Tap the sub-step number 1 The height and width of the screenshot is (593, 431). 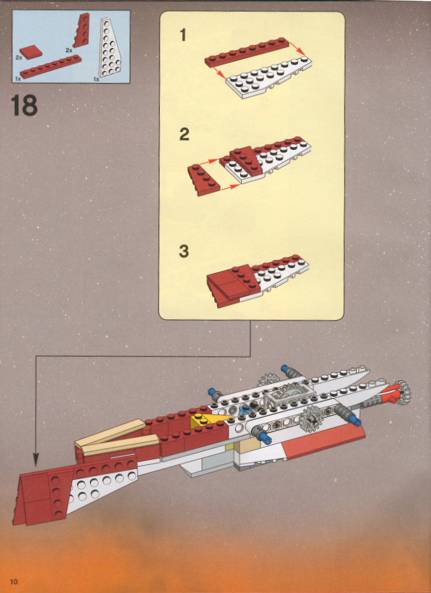pyautogui.click(x=183, y=35)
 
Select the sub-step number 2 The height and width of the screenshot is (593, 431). pyautogui.click(x=184, y=134)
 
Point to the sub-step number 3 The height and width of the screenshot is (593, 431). pyautogui.click(x=184, y=251)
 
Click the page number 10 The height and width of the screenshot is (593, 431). pyautogui.click(x=14, y=582)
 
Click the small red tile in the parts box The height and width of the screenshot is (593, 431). pyautogui.click(x=31, y=52)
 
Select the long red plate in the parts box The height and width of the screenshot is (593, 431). pyautogui.click(x=51, y=67)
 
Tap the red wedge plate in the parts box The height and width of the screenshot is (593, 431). pyautogui.click(x=81, y=30)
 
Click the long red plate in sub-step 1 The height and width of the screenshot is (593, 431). pyautogui.click(x=247, y=52)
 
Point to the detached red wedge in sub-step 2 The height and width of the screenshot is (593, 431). pyautogui.click(x=203, y=180)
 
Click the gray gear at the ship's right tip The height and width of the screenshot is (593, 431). pyautogui.click(x=403, y=392)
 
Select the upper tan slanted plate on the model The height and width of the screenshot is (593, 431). pyautogui.click(x=110, y=432)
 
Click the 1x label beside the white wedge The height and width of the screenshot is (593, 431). pyautogui.click(x=96, y=79)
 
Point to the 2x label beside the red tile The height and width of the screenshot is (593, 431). pyautogui.click(x=19, y=57)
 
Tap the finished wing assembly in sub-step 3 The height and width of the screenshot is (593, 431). pyautogui.click(x=257, y=280)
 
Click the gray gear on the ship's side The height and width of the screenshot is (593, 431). pyautogui.click(x=311, y=419)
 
